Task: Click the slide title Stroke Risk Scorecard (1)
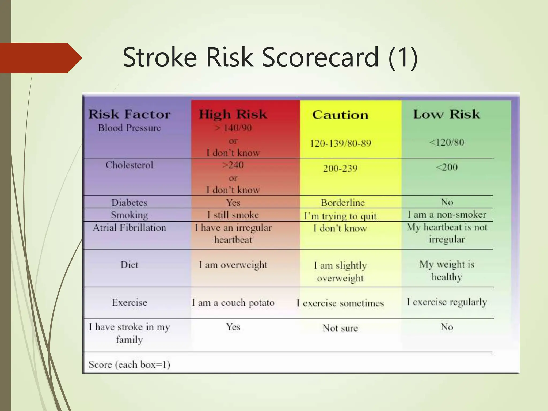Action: (x=270, y=58)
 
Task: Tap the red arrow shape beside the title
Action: (x=40, y=58)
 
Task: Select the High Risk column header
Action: (x=233, y=115)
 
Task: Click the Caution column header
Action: (x=340, y=115)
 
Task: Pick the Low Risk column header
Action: (x=446, y=114)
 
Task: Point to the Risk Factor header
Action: (x=129, y=115)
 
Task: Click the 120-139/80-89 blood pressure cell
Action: (x=340, y=143)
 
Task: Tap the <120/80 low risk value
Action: (x=446, y=142)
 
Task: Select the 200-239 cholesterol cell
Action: (x=340, y=168)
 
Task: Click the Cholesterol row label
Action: (x=129, y=165)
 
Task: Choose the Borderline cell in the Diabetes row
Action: (x=342, y=203)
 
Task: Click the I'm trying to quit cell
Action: (x=340, y=216)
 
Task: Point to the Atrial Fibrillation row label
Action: (x=129, y=228)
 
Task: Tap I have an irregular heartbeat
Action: (x=233, y=234)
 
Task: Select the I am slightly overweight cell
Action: (x=340, y=272)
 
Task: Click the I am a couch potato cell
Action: (x=233, y=303)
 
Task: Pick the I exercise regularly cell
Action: (x=447, y=302)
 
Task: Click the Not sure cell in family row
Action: (x=340, y=328)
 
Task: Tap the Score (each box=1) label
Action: (x=129, y=364)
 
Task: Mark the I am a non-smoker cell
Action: (x=447, y=214)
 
